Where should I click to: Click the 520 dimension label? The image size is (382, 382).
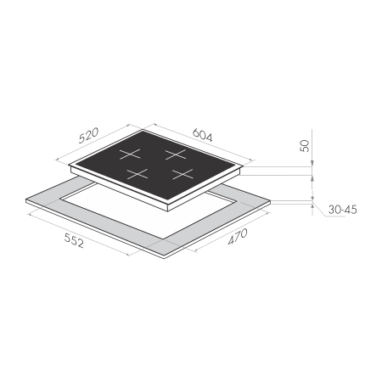pyautogui.click(x=88, y=136)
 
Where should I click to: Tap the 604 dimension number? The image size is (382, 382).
pyautogui.click(x=202, y=135)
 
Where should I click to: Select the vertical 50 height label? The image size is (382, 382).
pyautogui.click(x=305, y=146)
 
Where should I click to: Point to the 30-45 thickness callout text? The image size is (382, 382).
pyautogui.click(x=342, y=210)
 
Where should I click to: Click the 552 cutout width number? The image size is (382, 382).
pyautogui.click(x=74, y=241)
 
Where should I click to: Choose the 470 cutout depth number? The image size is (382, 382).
pyautogui.click(x=238, y=236)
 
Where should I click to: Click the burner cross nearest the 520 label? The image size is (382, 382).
pyautogui.click(x=130, y=154)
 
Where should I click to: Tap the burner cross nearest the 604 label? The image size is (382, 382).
pyautogui.click(x=176, y=154)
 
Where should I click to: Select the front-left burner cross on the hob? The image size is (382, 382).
pyautogui.click(x=138, y=174)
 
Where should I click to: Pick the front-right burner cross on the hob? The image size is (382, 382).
pyautogui.click(x=183, y=174)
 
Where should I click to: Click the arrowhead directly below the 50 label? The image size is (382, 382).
pyautogui.click(x=312, y=164)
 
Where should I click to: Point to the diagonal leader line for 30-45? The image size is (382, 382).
pyautogui.click(x=319, y=209)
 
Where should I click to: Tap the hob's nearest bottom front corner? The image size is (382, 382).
pyautogui.click(x=169, y=211)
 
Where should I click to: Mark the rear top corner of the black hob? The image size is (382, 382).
pyautogui.click(x=143, y=130)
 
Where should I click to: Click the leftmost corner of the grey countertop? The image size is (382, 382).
pyautogui.click(x=26, y=199)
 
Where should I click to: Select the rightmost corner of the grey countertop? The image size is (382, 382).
pyautogui.click(x=271, y=200)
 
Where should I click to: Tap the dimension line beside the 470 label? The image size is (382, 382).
pyautogui.click(x=232, y=232)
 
